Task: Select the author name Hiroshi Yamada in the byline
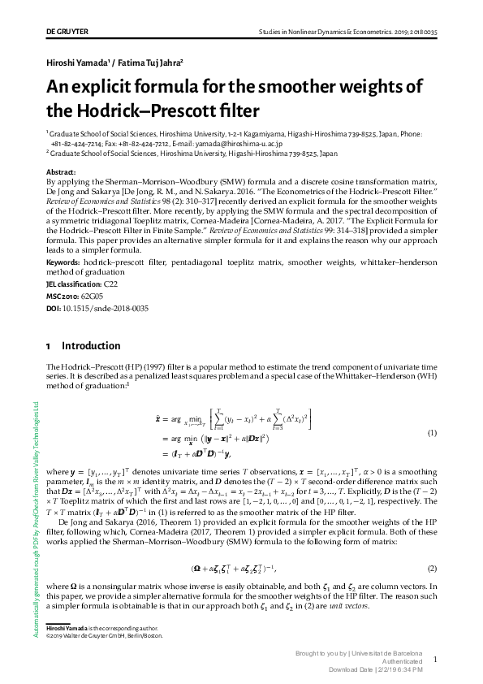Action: pos(80,62)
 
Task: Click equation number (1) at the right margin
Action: pos(433,432)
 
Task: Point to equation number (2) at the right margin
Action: pos(433,567)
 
